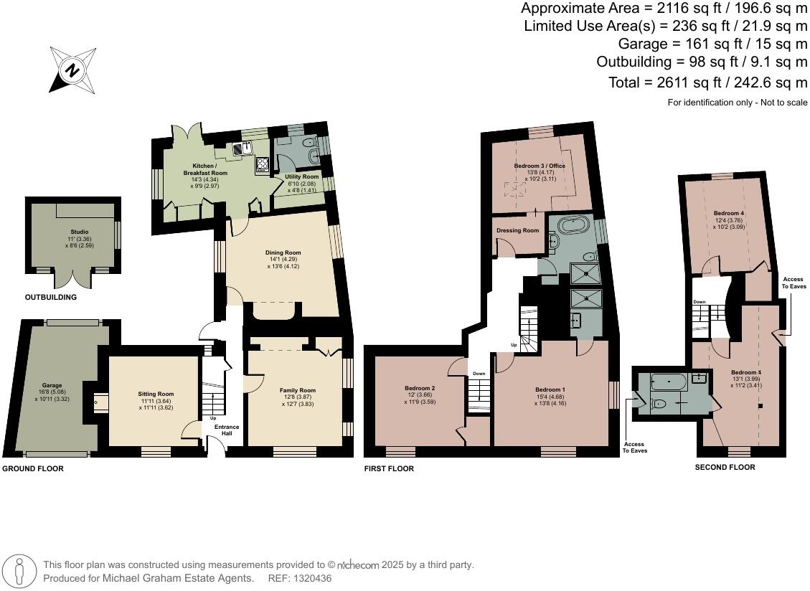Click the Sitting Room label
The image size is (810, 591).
point(156,394)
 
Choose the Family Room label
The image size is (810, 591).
point(297,391)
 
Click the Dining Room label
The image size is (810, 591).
point(283,252)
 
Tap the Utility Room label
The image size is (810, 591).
point(301,176)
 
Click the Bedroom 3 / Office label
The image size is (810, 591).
point(540,166)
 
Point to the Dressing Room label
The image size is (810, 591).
point(517,230)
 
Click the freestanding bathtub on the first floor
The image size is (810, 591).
point(575,226)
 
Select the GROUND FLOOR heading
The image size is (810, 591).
point(33,468)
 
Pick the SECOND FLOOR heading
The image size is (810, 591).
point(725,467)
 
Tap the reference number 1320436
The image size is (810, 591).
point(309,578)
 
